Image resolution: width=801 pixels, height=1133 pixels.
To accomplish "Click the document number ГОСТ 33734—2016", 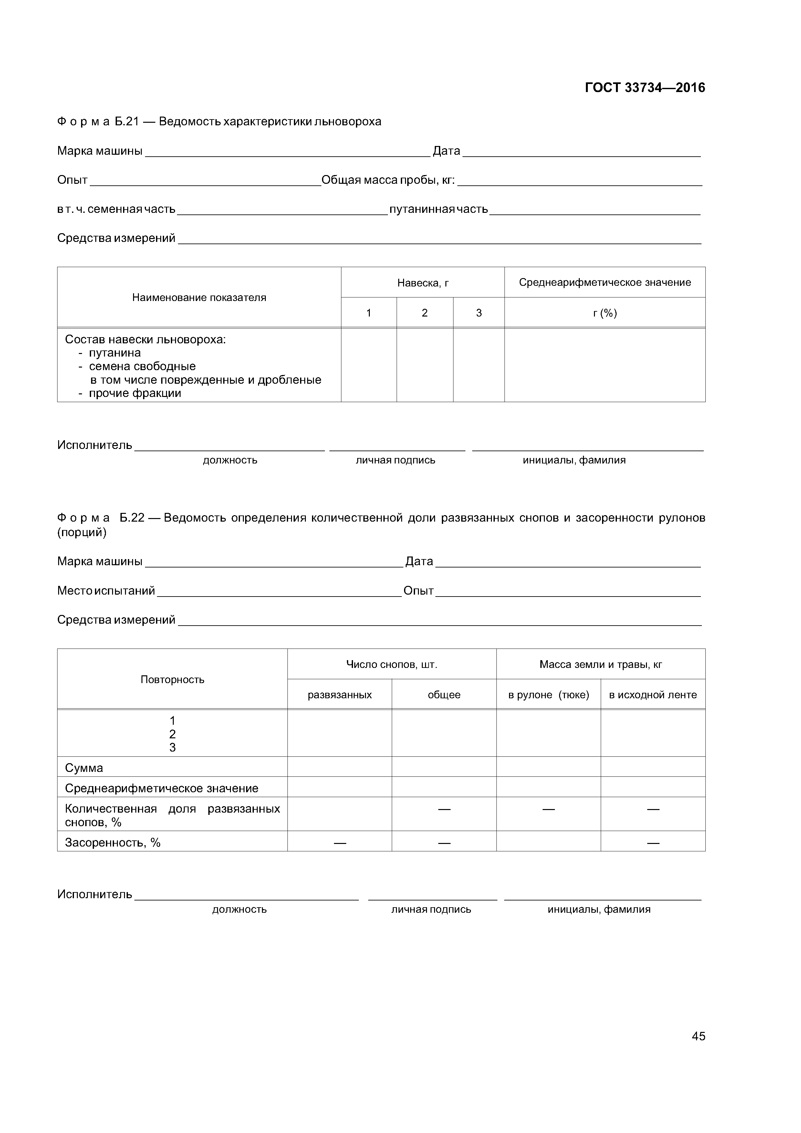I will point(645,88).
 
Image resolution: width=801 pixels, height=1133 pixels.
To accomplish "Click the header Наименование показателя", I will point(199,297).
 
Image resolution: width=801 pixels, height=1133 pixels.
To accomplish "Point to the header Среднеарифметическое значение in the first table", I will point(605,282).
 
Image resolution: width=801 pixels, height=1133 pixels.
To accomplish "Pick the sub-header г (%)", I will point(605,313).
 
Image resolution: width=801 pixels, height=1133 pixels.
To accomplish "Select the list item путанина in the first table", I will point(115,353).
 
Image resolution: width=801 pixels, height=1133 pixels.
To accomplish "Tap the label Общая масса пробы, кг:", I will point(388,180).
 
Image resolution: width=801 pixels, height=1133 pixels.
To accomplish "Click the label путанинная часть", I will point(438,209).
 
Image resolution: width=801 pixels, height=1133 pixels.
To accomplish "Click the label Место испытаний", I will point(106,591).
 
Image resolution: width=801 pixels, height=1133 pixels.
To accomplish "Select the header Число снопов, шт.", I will point(391,665).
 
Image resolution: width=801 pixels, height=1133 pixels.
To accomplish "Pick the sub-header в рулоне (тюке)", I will point(548,695).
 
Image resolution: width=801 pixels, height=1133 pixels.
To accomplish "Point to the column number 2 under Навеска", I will point(424,313).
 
